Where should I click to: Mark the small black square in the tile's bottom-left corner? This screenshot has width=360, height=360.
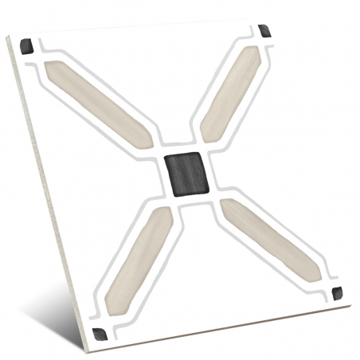(x=99, y=332)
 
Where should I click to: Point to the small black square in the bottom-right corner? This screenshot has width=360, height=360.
(x=338, y=292)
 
